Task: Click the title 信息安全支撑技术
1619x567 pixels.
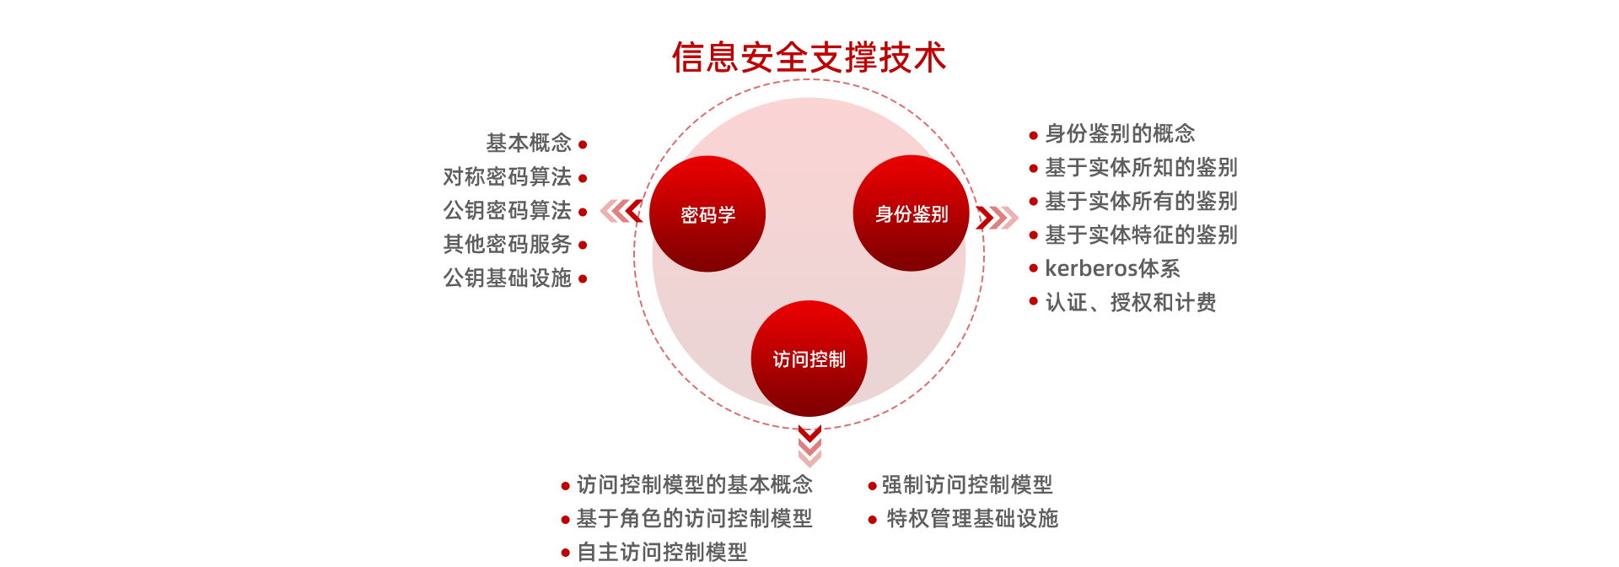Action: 809,57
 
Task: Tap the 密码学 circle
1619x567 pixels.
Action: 707,214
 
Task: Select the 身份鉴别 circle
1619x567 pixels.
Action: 911,213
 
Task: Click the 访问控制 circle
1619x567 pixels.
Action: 809,359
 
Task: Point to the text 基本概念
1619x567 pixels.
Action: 528,143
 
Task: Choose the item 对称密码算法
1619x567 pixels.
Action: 507,177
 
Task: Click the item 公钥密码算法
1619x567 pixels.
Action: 507,211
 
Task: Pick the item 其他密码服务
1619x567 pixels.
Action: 507,245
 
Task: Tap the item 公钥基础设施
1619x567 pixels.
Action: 507,278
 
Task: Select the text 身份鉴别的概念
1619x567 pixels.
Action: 1120,133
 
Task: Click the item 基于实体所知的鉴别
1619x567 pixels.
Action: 1141,167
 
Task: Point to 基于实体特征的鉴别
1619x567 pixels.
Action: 1141,235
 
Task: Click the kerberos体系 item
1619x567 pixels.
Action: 1112,268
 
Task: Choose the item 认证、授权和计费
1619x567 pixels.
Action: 1131,302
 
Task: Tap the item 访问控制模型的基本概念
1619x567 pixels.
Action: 695,484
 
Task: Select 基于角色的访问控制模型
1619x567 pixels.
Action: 695,518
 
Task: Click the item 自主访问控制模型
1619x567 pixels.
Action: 663,552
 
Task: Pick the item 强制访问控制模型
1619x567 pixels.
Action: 967,484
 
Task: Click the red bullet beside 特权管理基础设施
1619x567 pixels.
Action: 873,519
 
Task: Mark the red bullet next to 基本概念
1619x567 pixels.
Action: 583,144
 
